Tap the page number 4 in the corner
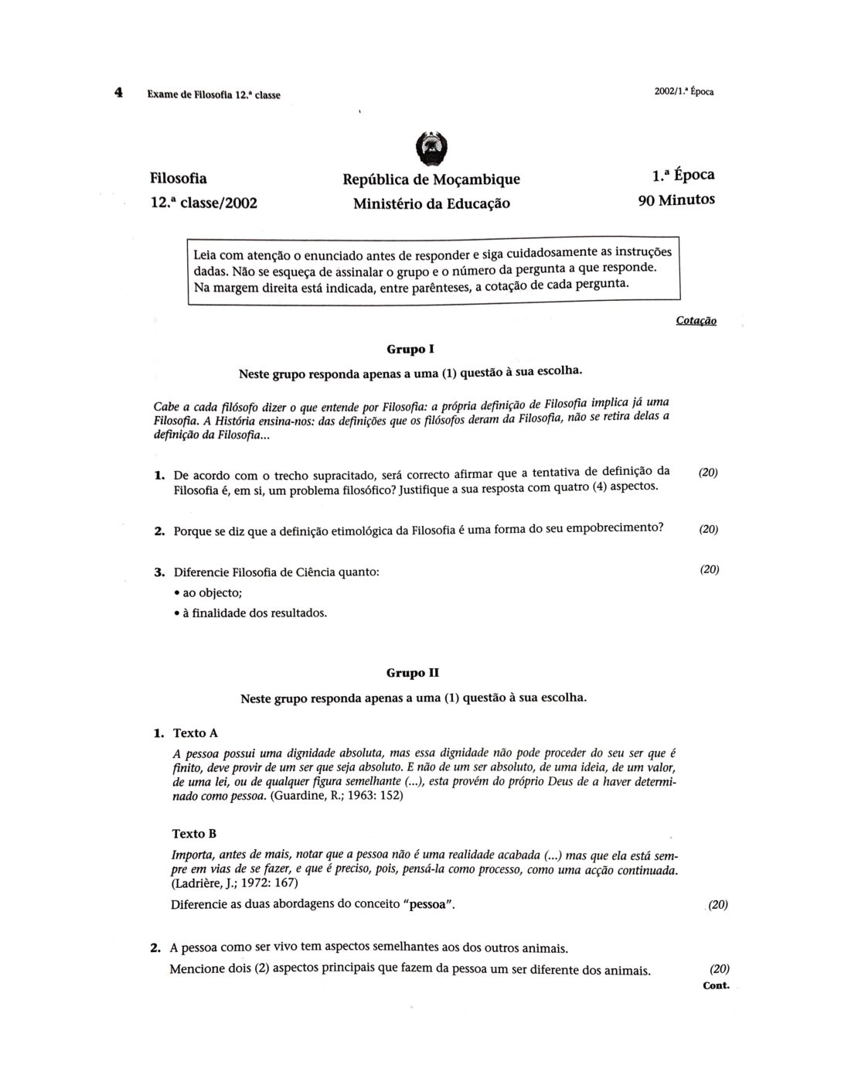[x=118, y=93]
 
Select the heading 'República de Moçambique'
[x=431, y=179]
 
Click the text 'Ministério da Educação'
[x=431, y=204]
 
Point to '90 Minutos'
[x=676, y=200]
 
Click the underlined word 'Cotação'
[x=696, y=320]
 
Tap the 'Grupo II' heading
[x=413, y=673]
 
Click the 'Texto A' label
[x=196, y=732]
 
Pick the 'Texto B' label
[x=194, y=834]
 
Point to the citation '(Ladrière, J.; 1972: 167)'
[x=234, y=883]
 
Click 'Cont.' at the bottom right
[x=717, y=985]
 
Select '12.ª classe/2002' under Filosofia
[x=204, y=203]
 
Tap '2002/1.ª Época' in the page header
[x=683, y=91]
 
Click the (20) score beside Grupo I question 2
[x=709, y=530]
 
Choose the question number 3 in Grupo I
[x=158, y=573]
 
